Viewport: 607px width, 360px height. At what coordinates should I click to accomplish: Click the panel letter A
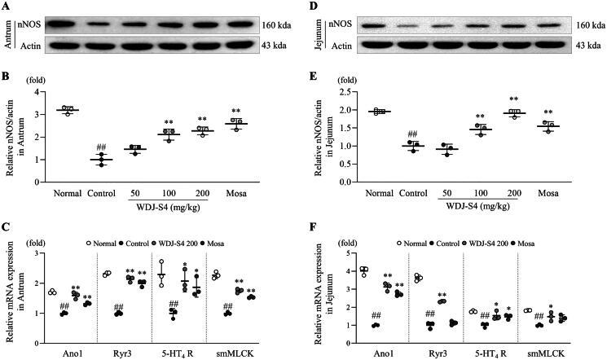(6, 7)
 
